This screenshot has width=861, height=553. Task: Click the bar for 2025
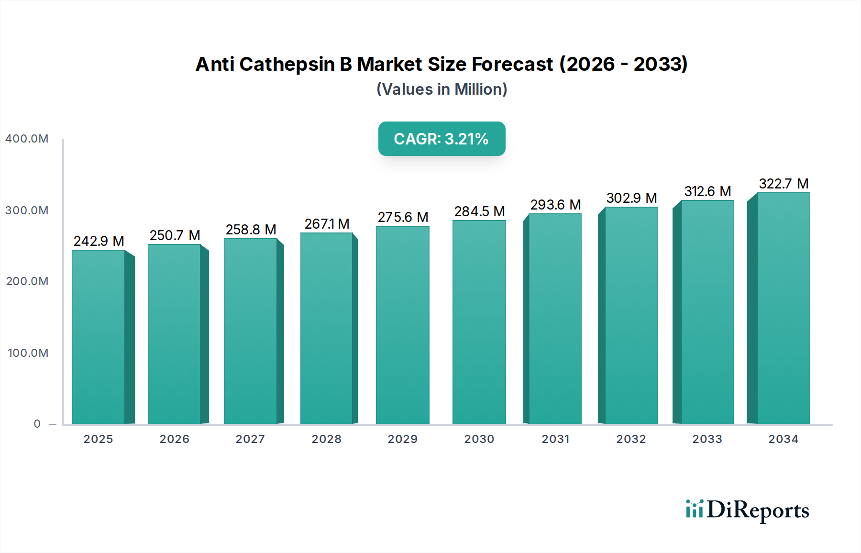[99, 337]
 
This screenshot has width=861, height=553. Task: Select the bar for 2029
[402, 325]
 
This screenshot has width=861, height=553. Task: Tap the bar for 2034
[783, 308]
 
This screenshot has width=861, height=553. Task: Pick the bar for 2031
[555, 319]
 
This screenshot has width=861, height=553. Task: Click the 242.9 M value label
[99, 241]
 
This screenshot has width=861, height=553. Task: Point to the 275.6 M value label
[403, 217]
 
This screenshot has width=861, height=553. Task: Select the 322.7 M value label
[784, 184]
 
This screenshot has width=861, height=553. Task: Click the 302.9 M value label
[631, 198]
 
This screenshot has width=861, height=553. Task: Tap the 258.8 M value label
[251, 230]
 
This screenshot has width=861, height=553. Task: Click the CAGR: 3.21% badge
[442, 139]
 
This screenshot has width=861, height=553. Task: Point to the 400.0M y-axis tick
[27, 139]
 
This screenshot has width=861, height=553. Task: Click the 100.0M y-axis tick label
[28, 353]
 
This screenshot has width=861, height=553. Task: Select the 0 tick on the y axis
[37, 424]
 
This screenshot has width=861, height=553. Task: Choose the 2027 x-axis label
[250, 439]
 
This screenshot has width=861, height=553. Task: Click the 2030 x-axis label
[479, 439]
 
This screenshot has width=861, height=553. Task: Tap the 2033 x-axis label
[707, 439]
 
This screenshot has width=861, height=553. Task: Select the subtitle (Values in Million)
[442, 89]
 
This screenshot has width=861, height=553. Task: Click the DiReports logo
[747, 510]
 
